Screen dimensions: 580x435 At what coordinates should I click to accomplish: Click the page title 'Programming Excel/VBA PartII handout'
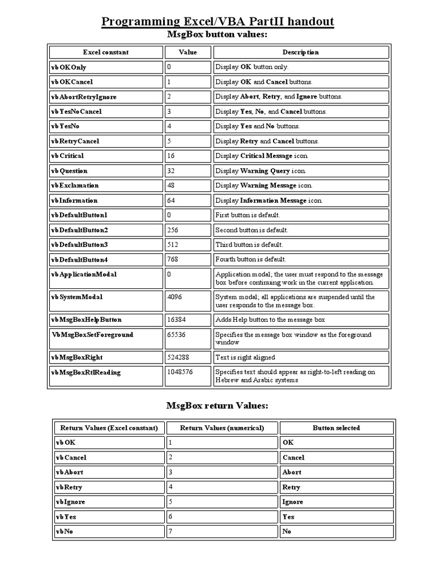click(x=217, y=22)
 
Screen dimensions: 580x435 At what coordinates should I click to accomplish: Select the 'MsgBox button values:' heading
click(x=217, y=35)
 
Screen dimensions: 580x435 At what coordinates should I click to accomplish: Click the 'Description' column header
click(x=301, y=52)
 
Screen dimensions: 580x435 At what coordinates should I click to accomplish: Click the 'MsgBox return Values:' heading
click(x=217, y=406)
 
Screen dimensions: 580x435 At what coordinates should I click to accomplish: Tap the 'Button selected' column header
click(x=336, y=428)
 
